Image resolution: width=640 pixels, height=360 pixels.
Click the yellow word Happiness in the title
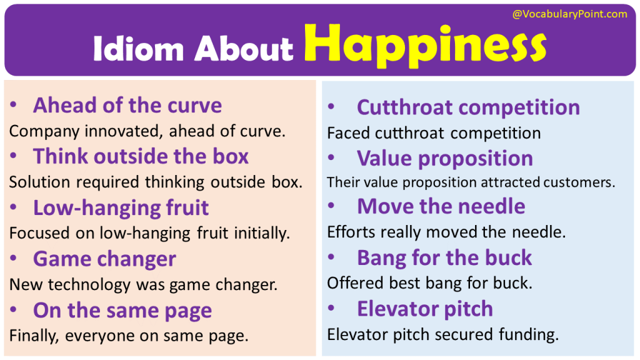pos(429,45)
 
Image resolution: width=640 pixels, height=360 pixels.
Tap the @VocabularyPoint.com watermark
pos(569,14)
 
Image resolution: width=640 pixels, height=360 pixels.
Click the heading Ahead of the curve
pos(127,105)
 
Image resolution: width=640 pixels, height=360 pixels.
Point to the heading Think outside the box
pos(141,156)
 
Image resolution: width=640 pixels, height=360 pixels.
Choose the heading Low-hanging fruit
pos(121,207)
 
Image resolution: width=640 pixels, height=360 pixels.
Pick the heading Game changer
pos(104,259)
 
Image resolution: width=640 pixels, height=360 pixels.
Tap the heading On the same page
pos(122,310)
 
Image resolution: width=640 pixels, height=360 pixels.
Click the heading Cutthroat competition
pos(468,107)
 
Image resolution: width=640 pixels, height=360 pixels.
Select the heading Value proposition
pos(444,158)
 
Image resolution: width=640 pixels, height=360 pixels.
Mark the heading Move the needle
pos(441,206)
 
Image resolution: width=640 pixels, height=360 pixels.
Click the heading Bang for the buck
pos(444,257)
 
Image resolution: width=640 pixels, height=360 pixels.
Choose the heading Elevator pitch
pos(424,309)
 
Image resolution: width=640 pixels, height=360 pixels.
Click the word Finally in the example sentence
pos(34,336)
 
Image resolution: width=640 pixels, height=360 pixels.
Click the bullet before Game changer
pos(14,259)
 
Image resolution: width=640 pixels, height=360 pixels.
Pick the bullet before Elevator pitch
pos(331,309)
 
